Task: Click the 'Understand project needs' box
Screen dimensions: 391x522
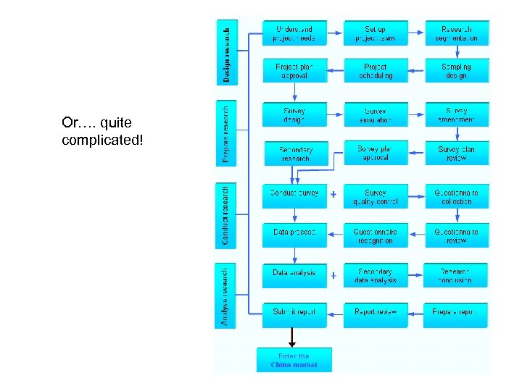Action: click(x=294, y=33)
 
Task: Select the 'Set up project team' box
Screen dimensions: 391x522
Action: click(x=376, y=33)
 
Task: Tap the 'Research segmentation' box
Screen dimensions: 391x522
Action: click(x=456, y=33)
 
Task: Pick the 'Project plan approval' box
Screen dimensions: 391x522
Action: click(x=294, y=71)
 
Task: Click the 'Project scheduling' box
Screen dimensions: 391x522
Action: click(x=376, y=71)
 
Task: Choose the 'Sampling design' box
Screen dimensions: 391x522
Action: click(x=456, y=71)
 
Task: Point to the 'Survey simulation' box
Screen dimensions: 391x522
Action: click(x=376, y=116)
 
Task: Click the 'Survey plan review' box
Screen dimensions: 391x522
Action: click(x=456, y=154)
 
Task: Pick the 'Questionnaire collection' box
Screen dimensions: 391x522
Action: click(x=456, y=196)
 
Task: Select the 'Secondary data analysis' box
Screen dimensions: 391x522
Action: click(x=376, y=276)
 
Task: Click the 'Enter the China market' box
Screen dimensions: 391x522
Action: click(x=294, y=360)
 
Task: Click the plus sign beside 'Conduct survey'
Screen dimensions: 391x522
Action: click(x=333, y=195)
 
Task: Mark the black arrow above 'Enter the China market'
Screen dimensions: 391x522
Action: click(x=292, y=337)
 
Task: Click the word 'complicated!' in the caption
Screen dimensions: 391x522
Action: click(x=103, y=138)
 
